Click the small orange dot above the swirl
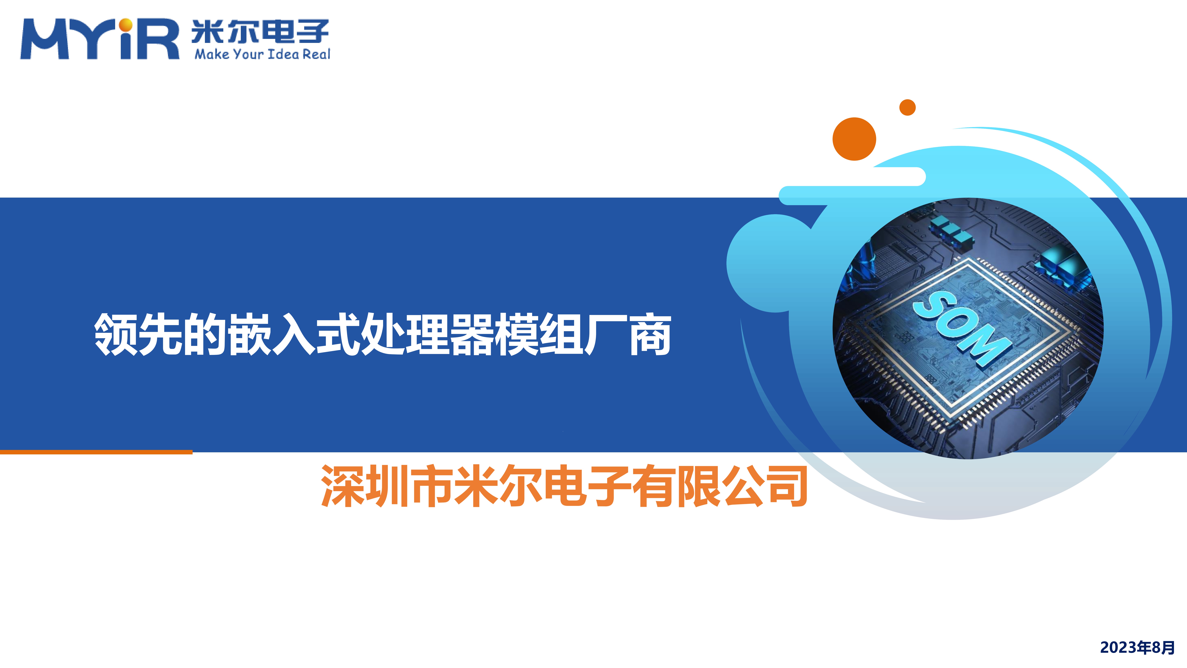(x=907, y=107)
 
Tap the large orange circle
(x=854, y=139)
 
